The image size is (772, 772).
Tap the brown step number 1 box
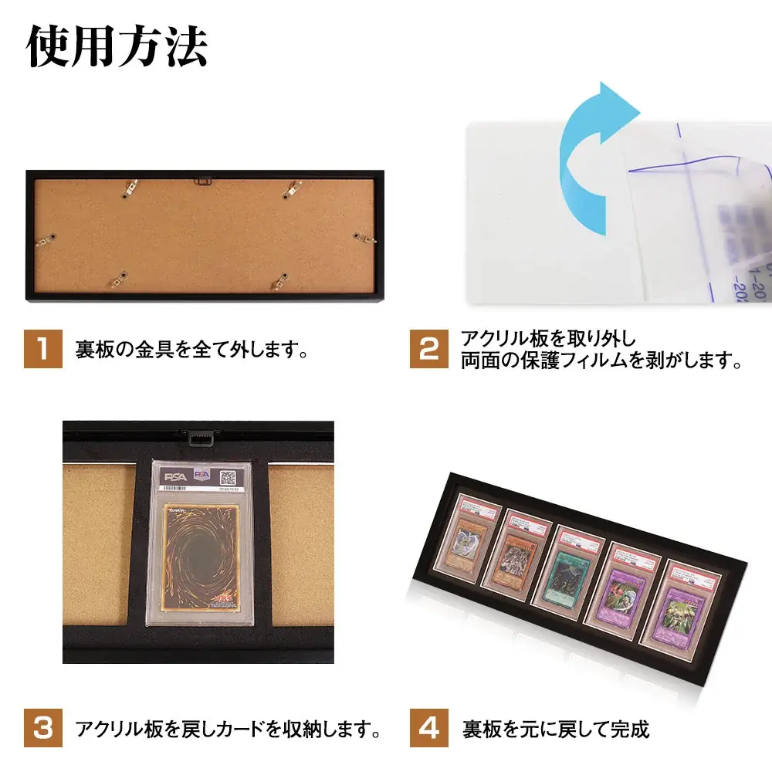(43, 349)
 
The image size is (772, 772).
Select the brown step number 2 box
(428, 349)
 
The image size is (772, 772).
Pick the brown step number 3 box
(43, 727)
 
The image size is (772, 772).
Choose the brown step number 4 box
(428, 727)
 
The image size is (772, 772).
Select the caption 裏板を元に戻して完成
(556, 728)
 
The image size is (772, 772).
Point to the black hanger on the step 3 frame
(198, 436)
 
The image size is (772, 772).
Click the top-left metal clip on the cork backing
(127, 189)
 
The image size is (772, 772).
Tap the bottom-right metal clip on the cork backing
(276, 281)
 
